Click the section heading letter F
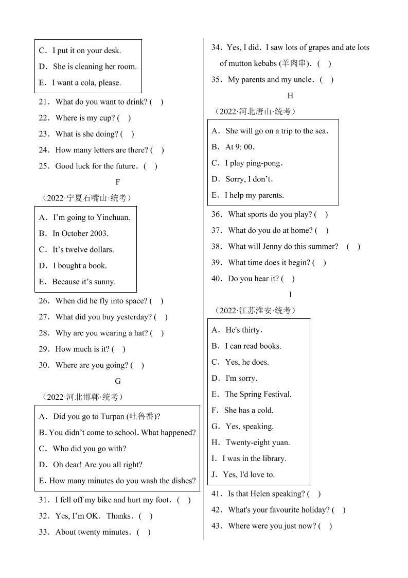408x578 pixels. pos(118,182)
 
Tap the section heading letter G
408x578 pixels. pos(118,381)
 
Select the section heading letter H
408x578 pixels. pos(290,95)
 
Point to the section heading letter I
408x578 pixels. pos(290,295)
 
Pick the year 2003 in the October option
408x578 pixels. pos(98,233)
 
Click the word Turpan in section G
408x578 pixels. pos(114,416)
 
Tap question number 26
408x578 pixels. pos(43,301)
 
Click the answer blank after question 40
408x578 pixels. pos(288,279)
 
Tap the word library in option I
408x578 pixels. pos(271,458)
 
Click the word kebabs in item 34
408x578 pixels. pos(263,63)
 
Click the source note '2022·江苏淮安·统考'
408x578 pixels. pos(255,311)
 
